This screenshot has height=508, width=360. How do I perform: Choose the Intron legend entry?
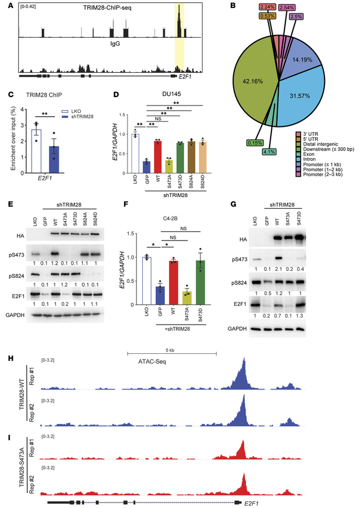[315, 168]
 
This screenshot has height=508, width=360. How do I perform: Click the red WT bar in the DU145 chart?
[160, 159]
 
